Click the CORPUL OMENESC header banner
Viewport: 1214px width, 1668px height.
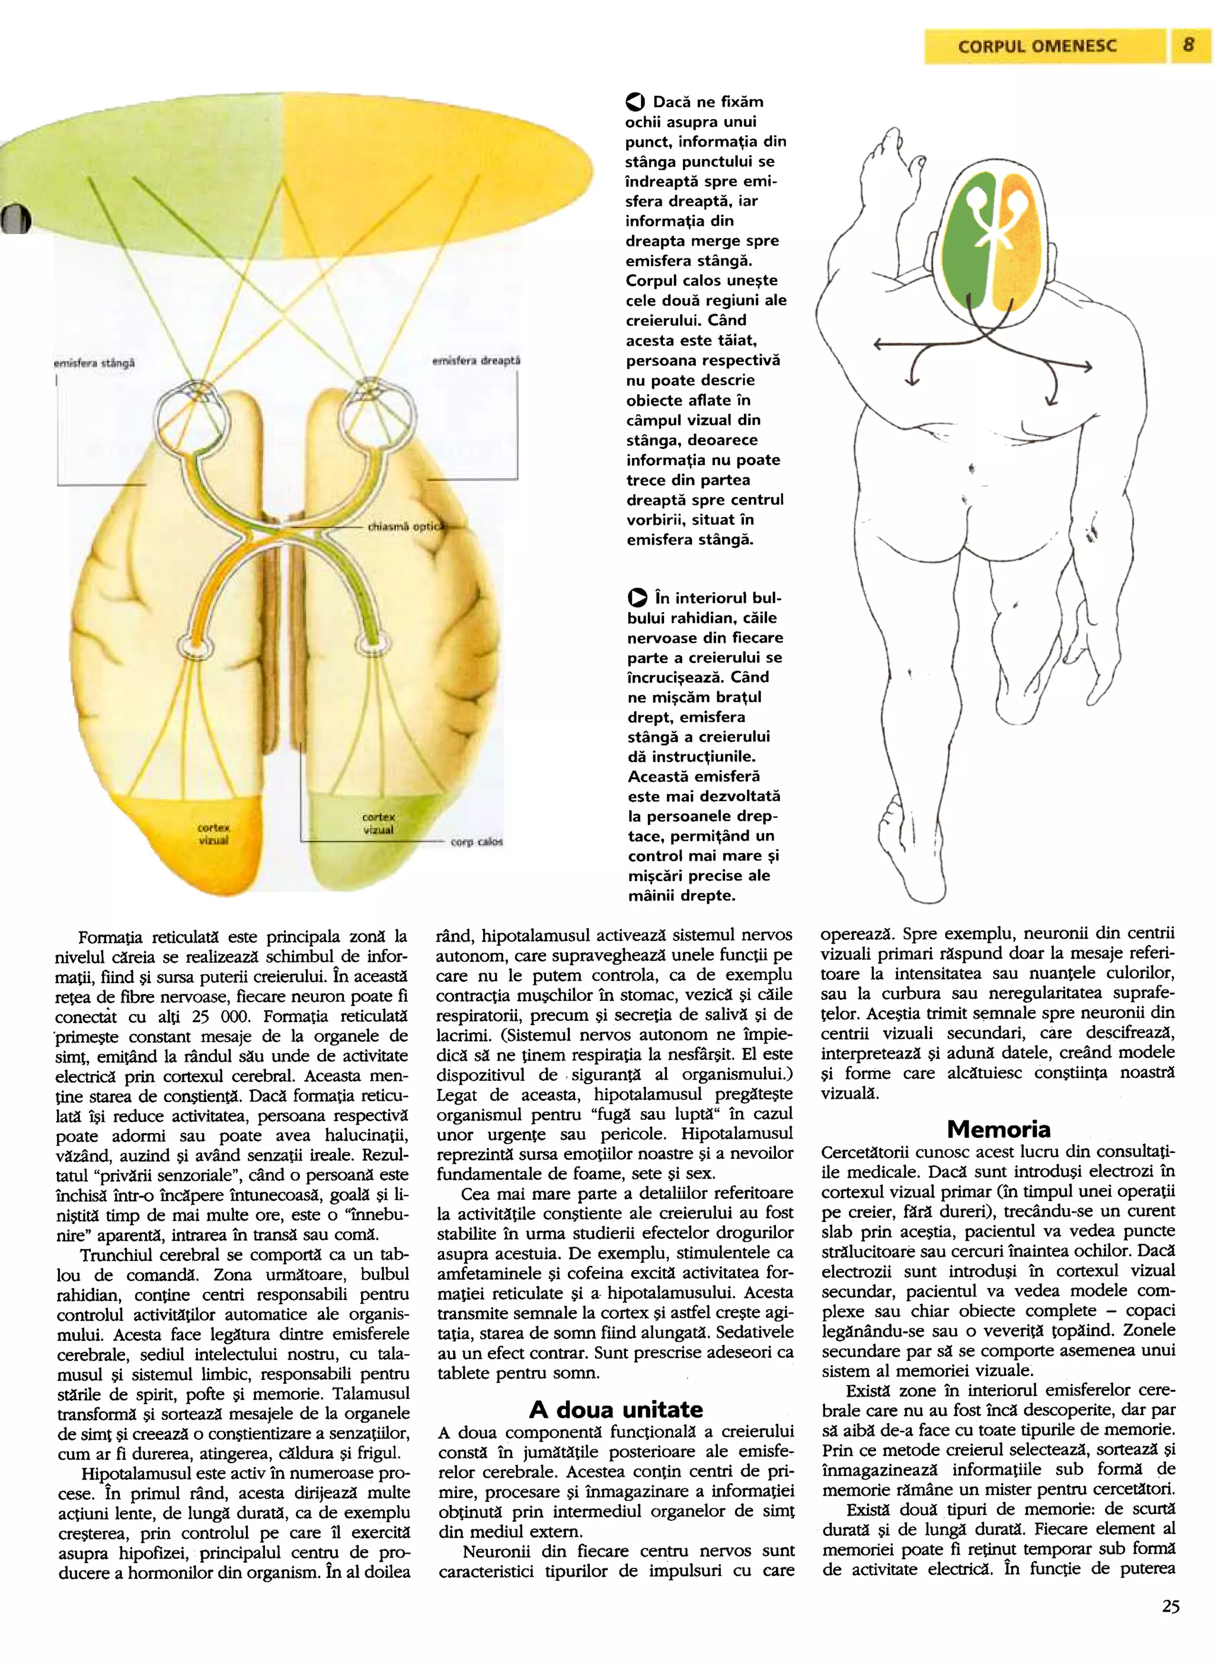coord(1037,46)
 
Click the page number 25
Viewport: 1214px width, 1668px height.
coord(1171,1626)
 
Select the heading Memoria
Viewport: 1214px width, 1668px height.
coord(998,1128)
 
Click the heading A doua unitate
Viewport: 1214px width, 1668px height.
coord(616,1409)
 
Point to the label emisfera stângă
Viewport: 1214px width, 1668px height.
coord(94,363)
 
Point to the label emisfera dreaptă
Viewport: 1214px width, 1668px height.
coord(476,361)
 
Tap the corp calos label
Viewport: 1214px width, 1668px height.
coord(477,841)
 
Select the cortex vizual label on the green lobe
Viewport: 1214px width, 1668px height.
coord(378,823)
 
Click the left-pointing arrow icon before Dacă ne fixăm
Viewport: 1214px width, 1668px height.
coord(635,103)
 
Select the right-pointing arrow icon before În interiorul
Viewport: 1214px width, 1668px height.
coord(637,598)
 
